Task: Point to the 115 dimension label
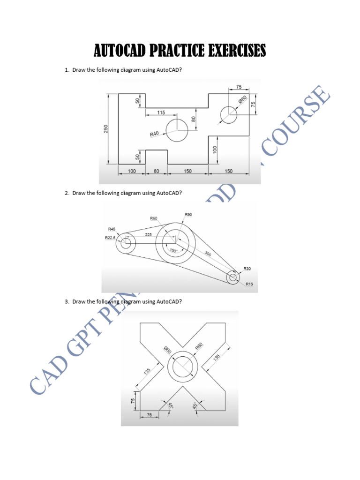pos(161,112)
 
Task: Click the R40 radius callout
pos(155,134)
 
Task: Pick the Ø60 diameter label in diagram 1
pos(242,100)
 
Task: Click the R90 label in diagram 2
pos(188,214)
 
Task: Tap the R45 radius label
pos(112,229)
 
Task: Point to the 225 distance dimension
pos(148,234)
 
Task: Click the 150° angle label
pos(173,250)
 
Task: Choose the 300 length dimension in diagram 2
pos(207,254)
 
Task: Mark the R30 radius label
pos(247,269)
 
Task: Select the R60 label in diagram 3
pos(198,347)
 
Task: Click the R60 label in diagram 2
pos(153,218)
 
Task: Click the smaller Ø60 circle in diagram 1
pos(229,115)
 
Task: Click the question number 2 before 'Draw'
pos(67,193)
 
